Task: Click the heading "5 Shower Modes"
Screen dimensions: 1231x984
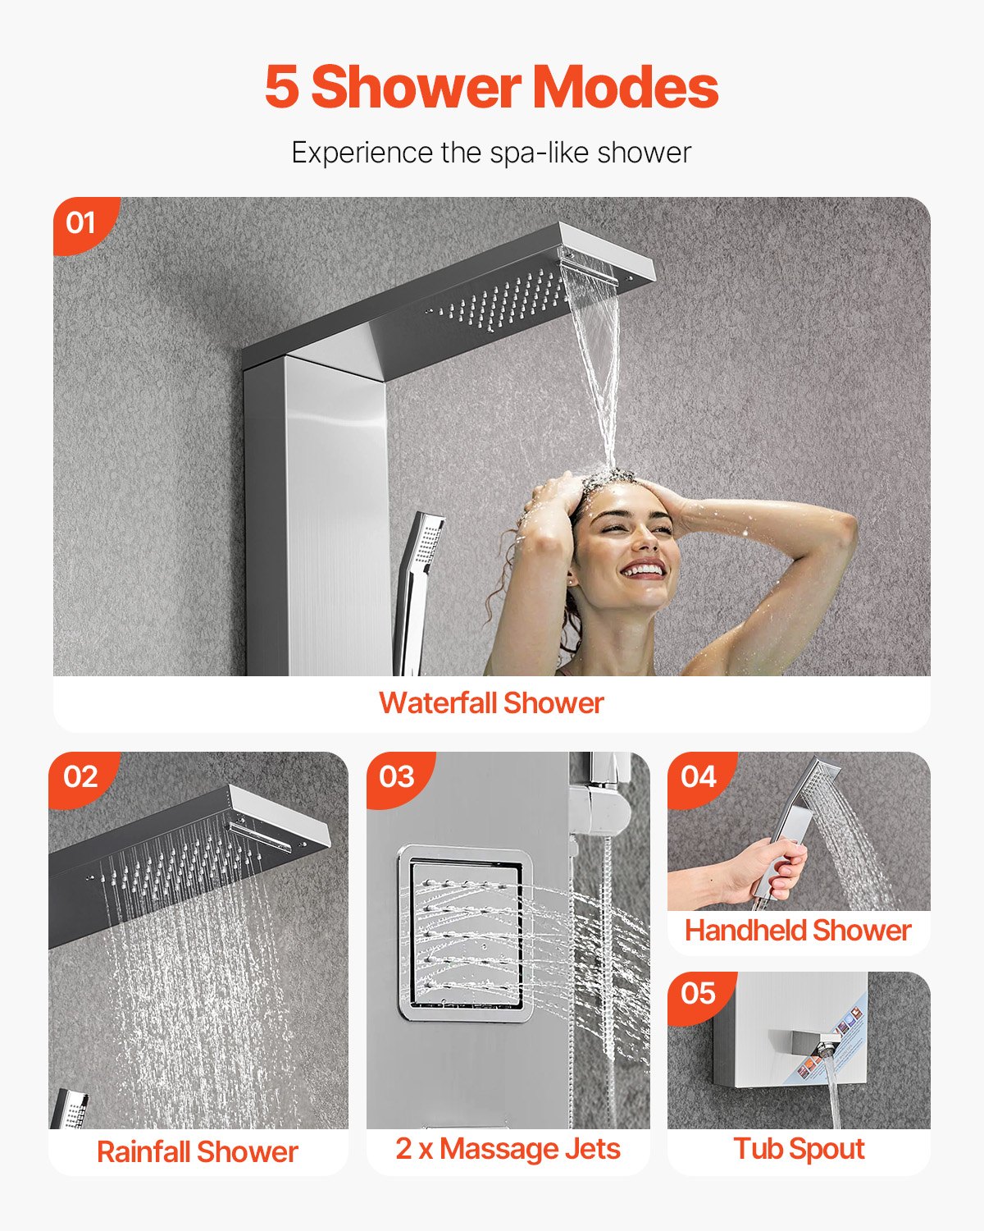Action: click(x=491, y=87)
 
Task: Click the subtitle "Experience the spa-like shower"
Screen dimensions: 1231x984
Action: click(x=491, y=153)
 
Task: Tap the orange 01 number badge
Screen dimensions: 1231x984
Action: click(x=80, y=222)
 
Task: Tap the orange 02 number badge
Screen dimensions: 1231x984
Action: click(x=80, y=776)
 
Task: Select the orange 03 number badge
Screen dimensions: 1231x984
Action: click(x=397, y=776)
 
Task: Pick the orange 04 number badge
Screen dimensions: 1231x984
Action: click(x=698, y=776)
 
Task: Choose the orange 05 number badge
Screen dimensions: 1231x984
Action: click(x=698, y=994)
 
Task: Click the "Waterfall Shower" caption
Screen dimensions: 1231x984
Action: click(x=491, y=703)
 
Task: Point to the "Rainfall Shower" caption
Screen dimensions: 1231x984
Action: click(x=197, y=1151)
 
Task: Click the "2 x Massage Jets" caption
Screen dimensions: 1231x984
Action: click(x=508, y=1149)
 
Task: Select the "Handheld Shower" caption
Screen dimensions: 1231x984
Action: click(x=798, y=931)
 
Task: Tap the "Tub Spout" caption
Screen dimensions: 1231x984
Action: click(x=799, y=1149)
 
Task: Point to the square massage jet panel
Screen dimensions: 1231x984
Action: click(x=460, y=933)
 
